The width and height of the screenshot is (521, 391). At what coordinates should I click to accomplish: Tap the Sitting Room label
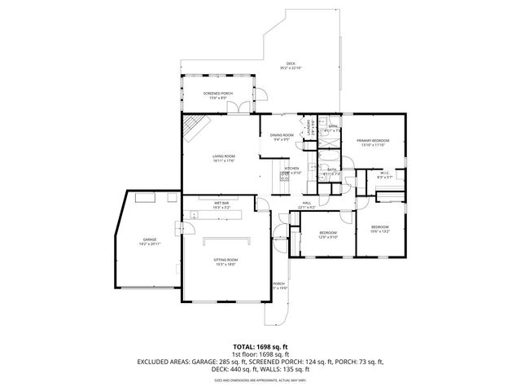226,262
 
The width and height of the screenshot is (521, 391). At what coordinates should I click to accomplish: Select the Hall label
307,204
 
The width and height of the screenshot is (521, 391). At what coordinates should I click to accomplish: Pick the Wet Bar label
221,204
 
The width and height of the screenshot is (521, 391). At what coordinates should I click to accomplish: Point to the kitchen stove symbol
286,174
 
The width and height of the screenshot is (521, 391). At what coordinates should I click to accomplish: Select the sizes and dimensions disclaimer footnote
260,380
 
